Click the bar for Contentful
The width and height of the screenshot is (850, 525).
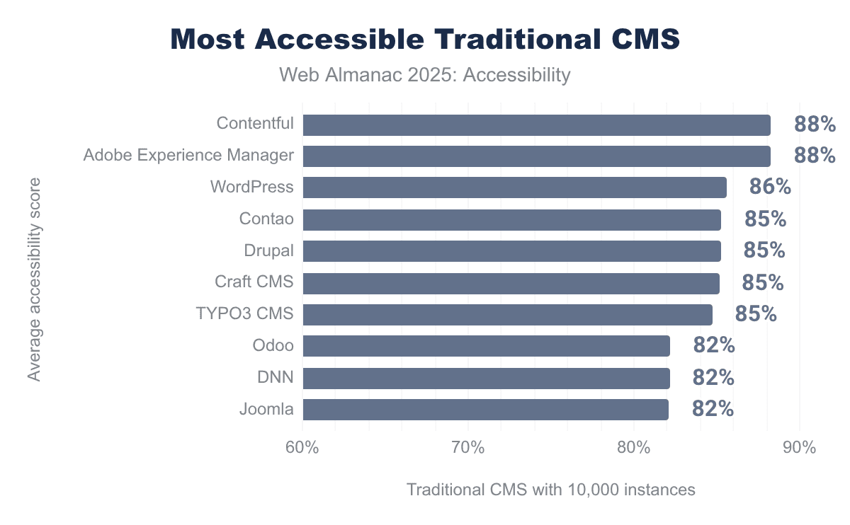point(536,125)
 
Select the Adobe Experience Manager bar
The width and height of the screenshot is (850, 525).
point(536,156)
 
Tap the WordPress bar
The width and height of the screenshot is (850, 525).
point(514,187)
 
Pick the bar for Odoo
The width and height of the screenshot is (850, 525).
point(486,346)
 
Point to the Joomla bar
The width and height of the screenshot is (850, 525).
point(485,410)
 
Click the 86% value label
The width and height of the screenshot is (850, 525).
point(770,187)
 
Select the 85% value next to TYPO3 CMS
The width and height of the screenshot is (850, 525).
point(756,314)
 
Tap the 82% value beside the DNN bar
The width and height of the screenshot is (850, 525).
point(713,378)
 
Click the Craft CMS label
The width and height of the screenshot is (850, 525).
point(254,282)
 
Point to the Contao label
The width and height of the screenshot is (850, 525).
point(266,219)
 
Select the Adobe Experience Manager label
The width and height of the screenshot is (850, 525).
point(188,156)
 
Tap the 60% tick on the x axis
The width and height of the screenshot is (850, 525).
point(302,448)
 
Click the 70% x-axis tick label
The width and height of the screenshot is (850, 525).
point(468,448)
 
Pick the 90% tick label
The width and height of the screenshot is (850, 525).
point(799,448)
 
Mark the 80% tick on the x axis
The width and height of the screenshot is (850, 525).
point(634,448)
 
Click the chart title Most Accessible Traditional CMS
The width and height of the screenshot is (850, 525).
point(425,40)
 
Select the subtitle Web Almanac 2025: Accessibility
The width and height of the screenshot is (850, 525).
point(425,74)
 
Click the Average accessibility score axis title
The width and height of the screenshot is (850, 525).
point(34,279)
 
